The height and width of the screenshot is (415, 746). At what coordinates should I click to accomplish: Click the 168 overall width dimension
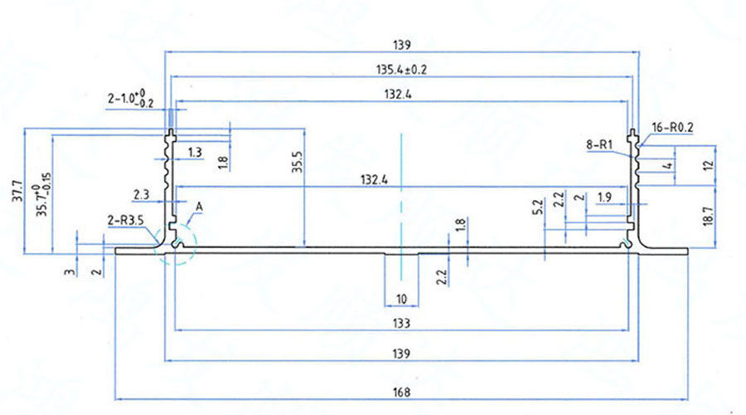(x=401, y=392)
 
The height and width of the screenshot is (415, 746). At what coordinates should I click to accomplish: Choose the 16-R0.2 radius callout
(x=671, y=128)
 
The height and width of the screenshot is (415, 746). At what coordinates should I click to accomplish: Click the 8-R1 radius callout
(x=598, y=145)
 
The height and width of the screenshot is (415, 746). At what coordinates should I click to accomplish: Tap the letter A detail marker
(x=199, y=206)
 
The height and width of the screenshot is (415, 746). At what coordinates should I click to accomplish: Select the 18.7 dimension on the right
(x=707, y=218)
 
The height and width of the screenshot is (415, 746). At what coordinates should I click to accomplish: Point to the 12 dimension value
(x=707, y=165)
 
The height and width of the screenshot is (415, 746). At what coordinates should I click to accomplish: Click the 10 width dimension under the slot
(x=402, y=299)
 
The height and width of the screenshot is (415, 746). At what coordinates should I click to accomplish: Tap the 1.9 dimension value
(x=604, y=197)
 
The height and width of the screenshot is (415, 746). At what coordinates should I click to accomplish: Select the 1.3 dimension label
(x=196, y=152)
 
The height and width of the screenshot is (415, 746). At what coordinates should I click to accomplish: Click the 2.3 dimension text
(x=141, y=194)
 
